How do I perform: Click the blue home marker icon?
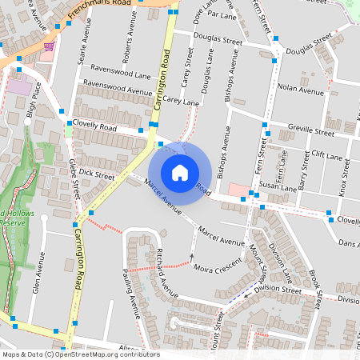click(x=180, y=173)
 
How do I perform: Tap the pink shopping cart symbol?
click(x=49, y=46)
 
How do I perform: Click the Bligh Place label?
click(x=33, y=102)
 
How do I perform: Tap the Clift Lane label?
click(x=326, y=154)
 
